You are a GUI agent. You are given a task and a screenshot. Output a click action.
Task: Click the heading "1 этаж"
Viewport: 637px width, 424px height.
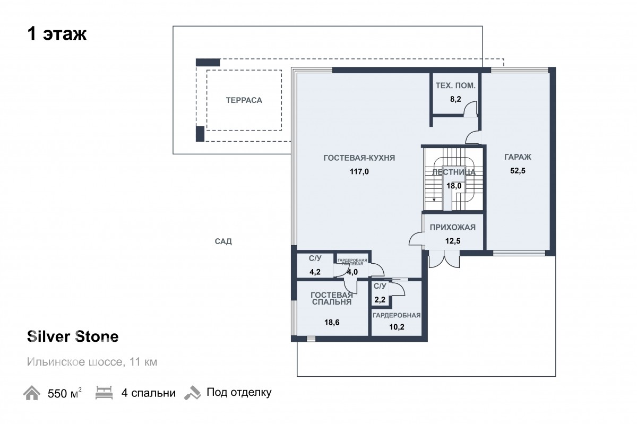[57, 34]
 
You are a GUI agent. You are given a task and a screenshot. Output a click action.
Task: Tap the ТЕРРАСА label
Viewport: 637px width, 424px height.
[244, 100]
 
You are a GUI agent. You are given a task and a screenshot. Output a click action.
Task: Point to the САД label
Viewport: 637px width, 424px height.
[223, 241]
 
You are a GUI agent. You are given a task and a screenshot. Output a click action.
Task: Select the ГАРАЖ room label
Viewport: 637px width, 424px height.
[518, 157]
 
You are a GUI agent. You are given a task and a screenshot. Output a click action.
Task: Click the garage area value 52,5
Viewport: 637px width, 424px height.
[518, 171]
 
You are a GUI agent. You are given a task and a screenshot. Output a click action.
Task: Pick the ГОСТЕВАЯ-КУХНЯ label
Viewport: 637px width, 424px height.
[359, 158]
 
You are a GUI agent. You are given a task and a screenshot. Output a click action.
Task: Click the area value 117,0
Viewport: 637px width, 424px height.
[359, 171]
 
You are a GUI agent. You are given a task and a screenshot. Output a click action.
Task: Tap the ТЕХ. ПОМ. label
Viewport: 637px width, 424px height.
[455, 85]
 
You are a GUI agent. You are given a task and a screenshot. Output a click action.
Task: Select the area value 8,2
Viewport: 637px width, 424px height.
[455, 99]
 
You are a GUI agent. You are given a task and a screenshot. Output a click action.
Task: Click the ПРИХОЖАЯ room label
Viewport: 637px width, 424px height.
[452, 227]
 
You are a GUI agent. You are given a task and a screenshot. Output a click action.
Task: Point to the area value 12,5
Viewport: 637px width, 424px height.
[452, 241]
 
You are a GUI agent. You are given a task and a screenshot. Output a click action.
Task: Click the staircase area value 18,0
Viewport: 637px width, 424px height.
[454, 186]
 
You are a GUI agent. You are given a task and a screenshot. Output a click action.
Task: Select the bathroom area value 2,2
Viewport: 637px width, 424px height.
[380, 300]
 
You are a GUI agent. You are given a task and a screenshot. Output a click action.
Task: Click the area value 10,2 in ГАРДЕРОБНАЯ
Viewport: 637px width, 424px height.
[397, 327]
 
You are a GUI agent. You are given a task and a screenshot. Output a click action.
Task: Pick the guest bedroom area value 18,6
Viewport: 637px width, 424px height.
[332, 322]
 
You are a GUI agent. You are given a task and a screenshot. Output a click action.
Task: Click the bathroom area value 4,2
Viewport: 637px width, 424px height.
[315, 272]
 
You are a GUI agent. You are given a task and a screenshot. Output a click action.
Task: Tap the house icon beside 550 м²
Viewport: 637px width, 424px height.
[31, 393]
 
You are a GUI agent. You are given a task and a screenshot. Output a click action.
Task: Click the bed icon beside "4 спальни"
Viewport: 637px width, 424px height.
[104, 393]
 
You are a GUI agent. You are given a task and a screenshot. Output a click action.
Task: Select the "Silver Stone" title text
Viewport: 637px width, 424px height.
[73, 336]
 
